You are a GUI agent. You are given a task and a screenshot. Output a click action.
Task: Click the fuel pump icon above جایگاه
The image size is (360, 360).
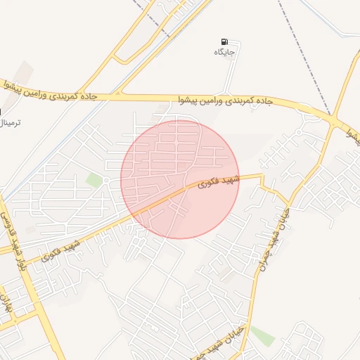point(224,42)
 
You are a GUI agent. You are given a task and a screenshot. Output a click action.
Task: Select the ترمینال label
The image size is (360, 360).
point(10,123)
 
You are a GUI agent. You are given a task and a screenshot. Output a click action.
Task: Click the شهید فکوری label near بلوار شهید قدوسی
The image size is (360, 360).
point(62,252)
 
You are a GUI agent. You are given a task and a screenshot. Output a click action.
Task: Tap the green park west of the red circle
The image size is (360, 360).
point(94,181)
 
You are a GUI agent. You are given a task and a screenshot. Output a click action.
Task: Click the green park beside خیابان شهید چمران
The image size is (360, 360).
point(262,336)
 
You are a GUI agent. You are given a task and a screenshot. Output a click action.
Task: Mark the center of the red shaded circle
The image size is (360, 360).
point(180,179)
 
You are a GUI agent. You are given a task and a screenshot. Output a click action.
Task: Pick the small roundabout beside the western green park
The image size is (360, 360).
point(105,181)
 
